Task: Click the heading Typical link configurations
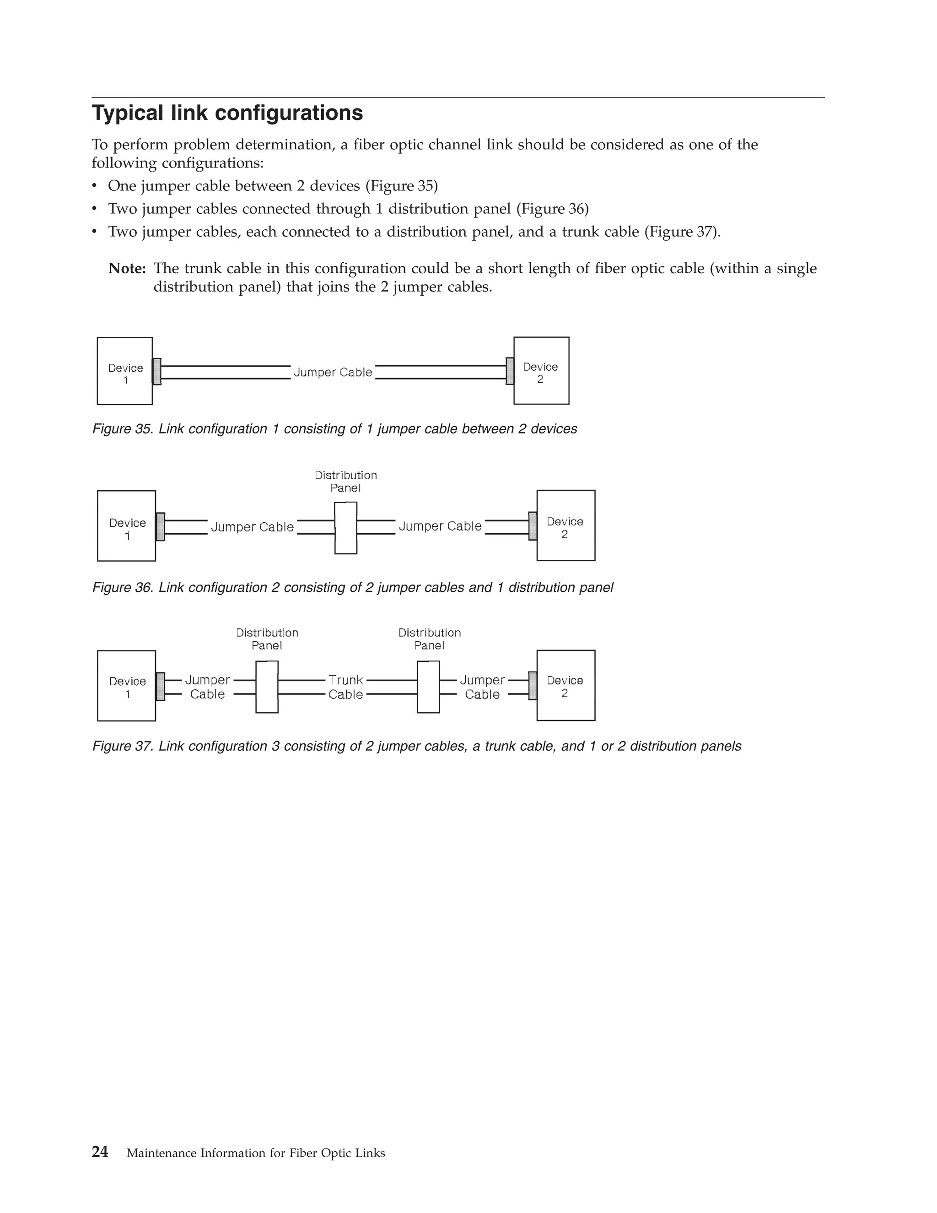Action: [x=227, y=114]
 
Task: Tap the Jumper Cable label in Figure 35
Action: [x=333, y=372]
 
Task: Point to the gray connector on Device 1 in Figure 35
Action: [x=157, y=372]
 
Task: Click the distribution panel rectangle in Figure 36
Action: [x=346, y=528]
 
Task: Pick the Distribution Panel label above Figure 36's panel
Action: [x=346, y=482]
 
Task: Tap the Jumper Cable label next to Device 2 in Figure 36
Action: [x=440, y=526]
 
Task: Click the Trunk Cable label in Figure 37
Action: [x=346, y=687]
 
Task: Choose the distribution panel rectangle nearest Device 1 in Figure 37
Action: [x=267, y=687]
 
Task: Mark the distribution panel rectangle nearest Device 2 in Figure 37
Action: [x=428, y=687]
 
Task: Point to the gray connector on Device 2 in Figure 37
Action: [x=533, y=686]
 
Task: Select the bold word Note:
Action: [x=127, y=269]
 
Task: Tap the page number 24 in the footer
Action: [x=100, y=1153]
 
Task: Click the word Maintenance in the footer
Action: [x=162, y=1153]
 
